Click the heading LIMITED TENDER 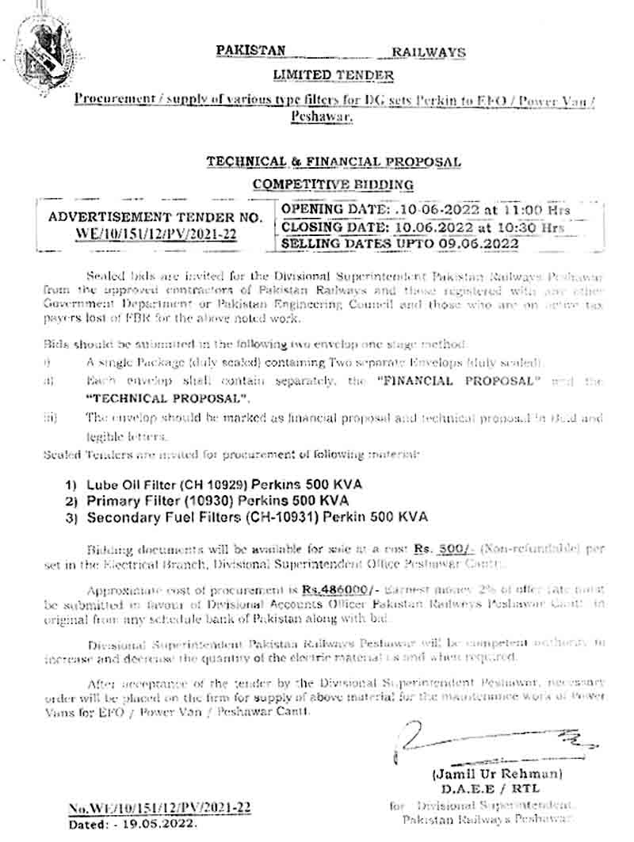click(x=333, y=74)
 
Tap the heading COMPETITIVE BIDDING click(x=333, y=185)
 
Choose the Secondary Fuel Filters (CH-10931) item click(x=246, y=516)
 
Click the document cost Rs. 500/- click(x=433, y=548)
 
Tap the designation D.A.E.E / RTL click(x=485, y=788)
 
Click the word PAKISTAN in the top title click(x=251, y=51)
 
